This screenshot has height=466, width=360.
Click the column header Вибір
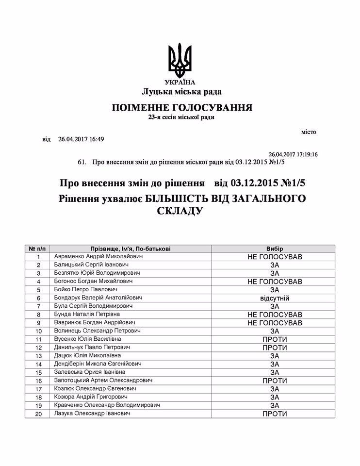(275, 248)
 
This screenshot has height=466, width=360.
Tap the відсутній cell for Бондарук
(275, 298)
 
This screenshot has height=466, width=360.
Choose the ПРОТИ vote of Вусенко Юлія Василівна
(275, 339)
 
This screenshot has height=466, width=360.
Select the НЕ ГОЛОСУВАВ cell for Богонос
(275, 282)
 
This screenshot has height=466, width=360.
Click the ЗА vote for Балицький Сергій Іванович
(275, 265)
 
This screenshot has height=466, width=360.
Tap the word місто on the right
(309, 131)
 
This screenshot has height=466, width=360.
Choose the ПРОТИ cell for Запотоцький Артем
(275, 381)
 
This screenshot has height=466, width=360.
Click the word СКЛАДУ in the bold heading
(179, 211)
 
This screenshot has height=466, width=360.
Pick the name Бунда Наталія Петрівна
(86, 315)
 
